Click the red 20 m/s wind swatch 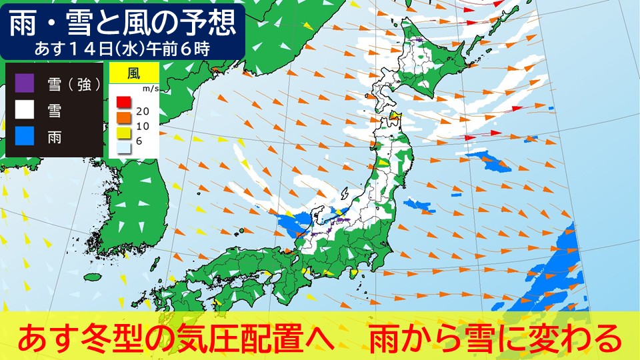[x=123, y=102]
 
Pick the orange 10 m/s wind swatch [x=123, y=118]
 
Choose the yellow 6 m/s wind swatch [x=123, y=133]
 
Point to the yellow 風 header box [x=133, y=73]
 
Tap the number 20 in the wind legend [x=142, y=111]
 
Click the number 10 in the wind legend [x=142, y=127]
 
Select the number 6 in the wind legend [x=139, y=141]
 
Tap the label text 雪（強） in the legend [x=73, y=84]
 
